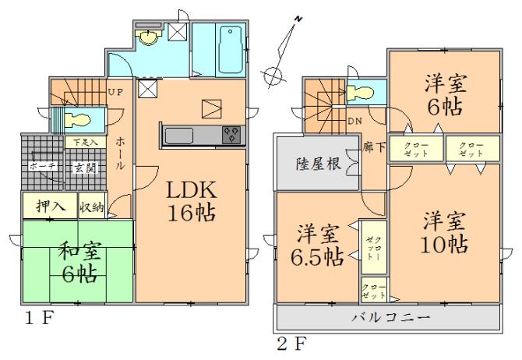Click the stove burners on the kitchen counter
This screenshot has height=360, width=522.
(232, 135)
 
